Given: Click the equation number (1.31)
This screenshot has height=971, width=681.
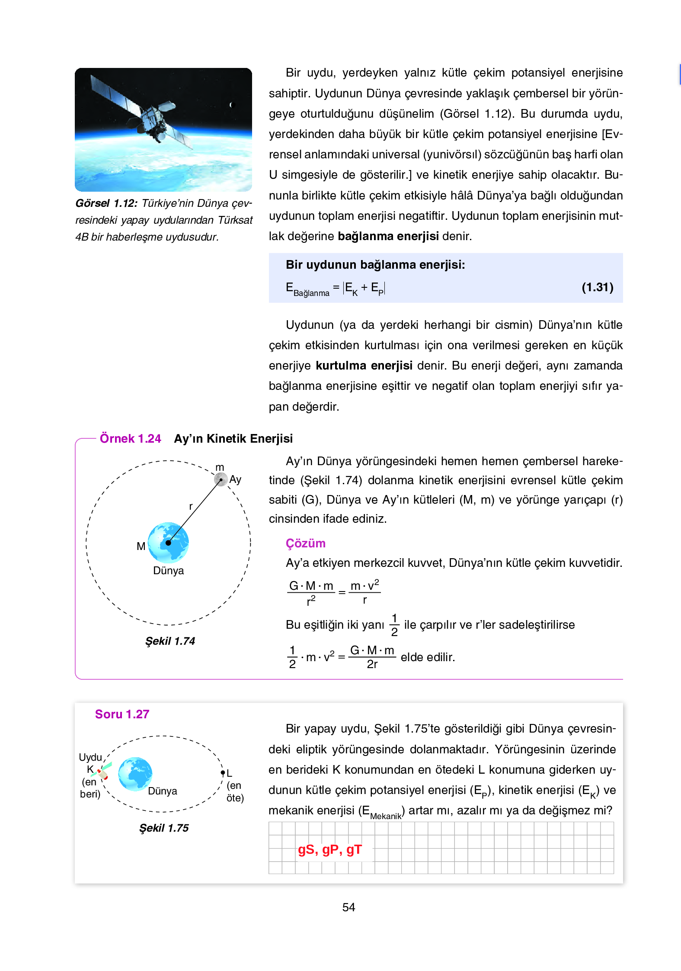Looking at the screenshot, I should point(597,287).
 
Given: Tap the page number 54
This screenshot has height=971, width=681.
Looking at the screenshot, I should point(348,907).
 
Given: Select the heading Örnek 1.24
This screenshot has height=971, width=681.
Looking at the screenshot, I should point(130,439).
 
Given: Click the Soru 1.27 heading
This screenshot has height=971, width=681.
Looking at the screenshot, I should point(122,714).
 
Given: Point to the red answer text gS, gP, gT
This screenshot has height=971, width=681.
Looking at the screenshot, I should point(329,850).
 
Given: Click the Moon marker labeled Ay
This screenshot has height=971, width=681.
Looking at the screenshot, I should point(221,479).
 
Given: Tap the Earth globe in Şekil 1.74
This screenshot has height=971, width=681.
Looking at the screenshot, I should point(168,542).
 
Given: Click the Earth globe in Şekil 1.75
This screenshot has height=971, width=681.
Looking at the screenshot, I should point(135,774).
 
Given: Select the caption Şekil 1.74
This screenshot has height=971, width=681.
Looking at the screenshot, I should point(170,641).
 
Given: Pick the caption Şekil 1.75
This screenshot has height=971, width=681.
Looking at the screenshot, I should point(164,828).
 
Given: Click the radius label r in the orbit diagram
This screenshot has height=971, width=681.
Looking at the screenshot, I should point(191,506).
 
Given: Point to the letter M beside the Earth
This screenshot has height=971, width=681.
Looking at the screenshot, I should point(141,546).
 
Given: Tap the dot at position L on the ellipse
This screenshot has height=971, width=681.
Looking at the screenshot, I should point(223,773).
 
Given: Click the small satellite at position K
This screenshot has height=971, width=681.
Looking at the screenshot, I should point(102,772).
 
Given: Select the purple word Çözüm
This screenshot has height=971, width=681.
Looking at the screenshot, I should point(305,543).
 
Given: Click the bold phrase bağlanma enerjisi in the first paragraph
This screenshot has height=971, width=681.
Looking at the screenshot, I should point(388,236).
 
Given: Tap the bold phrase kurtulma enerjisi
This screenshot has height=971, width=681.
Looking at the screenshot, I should point(364,366).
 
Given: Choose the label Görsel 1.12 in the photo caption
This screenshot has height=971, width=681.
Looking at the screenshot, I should point(106,203).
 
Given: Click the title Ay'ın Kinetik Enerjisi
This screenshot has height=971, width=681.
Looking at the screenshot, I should point(233,439).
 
